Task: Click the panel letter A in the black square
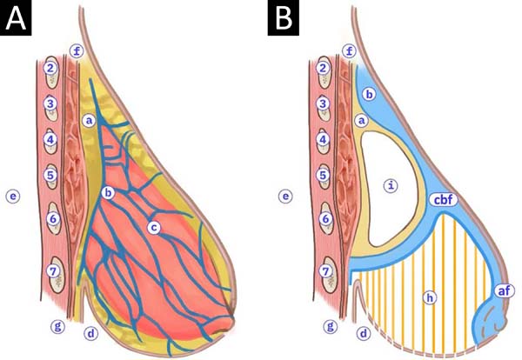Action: tap(16, 18)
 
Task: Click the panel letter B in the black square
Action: tap(284, 18)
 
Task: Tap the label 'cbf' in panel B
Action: tap(444, 200)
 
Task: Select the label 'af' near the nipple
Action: tap(505, 290)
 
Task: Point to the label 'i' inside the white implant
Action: tap(391, 185)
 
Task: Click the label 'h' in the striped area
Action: tap(430, 297)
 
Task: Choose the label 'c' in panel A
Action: tap(153, 228)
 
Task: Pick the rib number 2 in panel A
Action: tap(50, 68)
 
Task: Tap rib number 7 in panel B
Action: tap(325, 271)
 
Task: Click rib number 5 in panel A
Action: tap(50, 175)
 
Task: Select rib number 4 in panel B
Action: tap(323, 139)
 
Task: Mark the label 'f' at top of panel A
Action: tap(77, 51)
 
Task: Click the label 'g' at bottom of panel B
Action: tap(331, 326)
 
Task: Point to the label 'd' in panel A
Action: tap(90, 333)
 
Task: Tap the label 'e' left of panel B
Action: tap(285, 197)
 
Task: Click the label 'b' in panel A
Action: tap(108, 192)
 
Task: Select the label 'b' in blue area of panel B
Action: tap(369, 94)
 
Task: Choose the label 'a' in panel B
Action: tap(362, 121)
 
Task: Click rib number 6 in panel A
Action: tap(53, 218)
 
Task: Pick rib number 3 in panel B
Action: tap(323, 103)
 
